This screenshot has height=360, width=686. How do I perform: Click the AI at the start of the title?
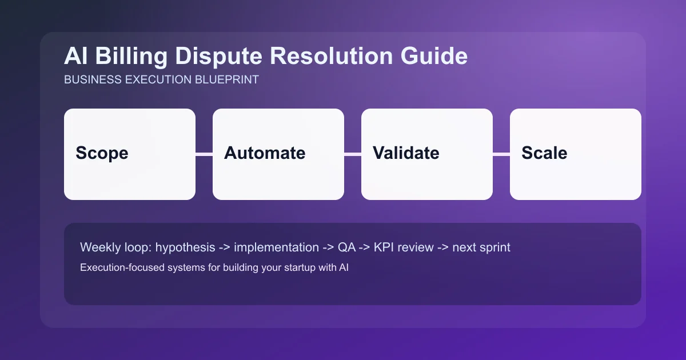pos(75,57)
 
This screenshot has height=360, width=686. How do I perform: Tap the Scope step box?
pos(130,154)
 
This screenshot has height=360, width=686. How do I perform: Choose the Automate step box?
pos(278,154)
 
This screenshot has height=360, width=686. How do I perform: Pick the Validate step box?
pos(427,154)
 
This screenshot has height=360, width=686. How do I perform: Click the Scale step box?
pos(576,154)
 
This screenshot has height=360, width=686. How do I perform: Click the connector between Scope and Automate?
pos(204,154)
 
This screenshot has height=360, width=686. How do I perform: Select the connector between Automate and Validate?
pos(353,154)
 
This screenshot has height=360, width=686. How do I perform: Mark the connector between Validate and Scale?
pos(501,154)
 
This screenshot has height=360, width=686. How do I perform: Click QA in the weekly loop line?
pos(346,247)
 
